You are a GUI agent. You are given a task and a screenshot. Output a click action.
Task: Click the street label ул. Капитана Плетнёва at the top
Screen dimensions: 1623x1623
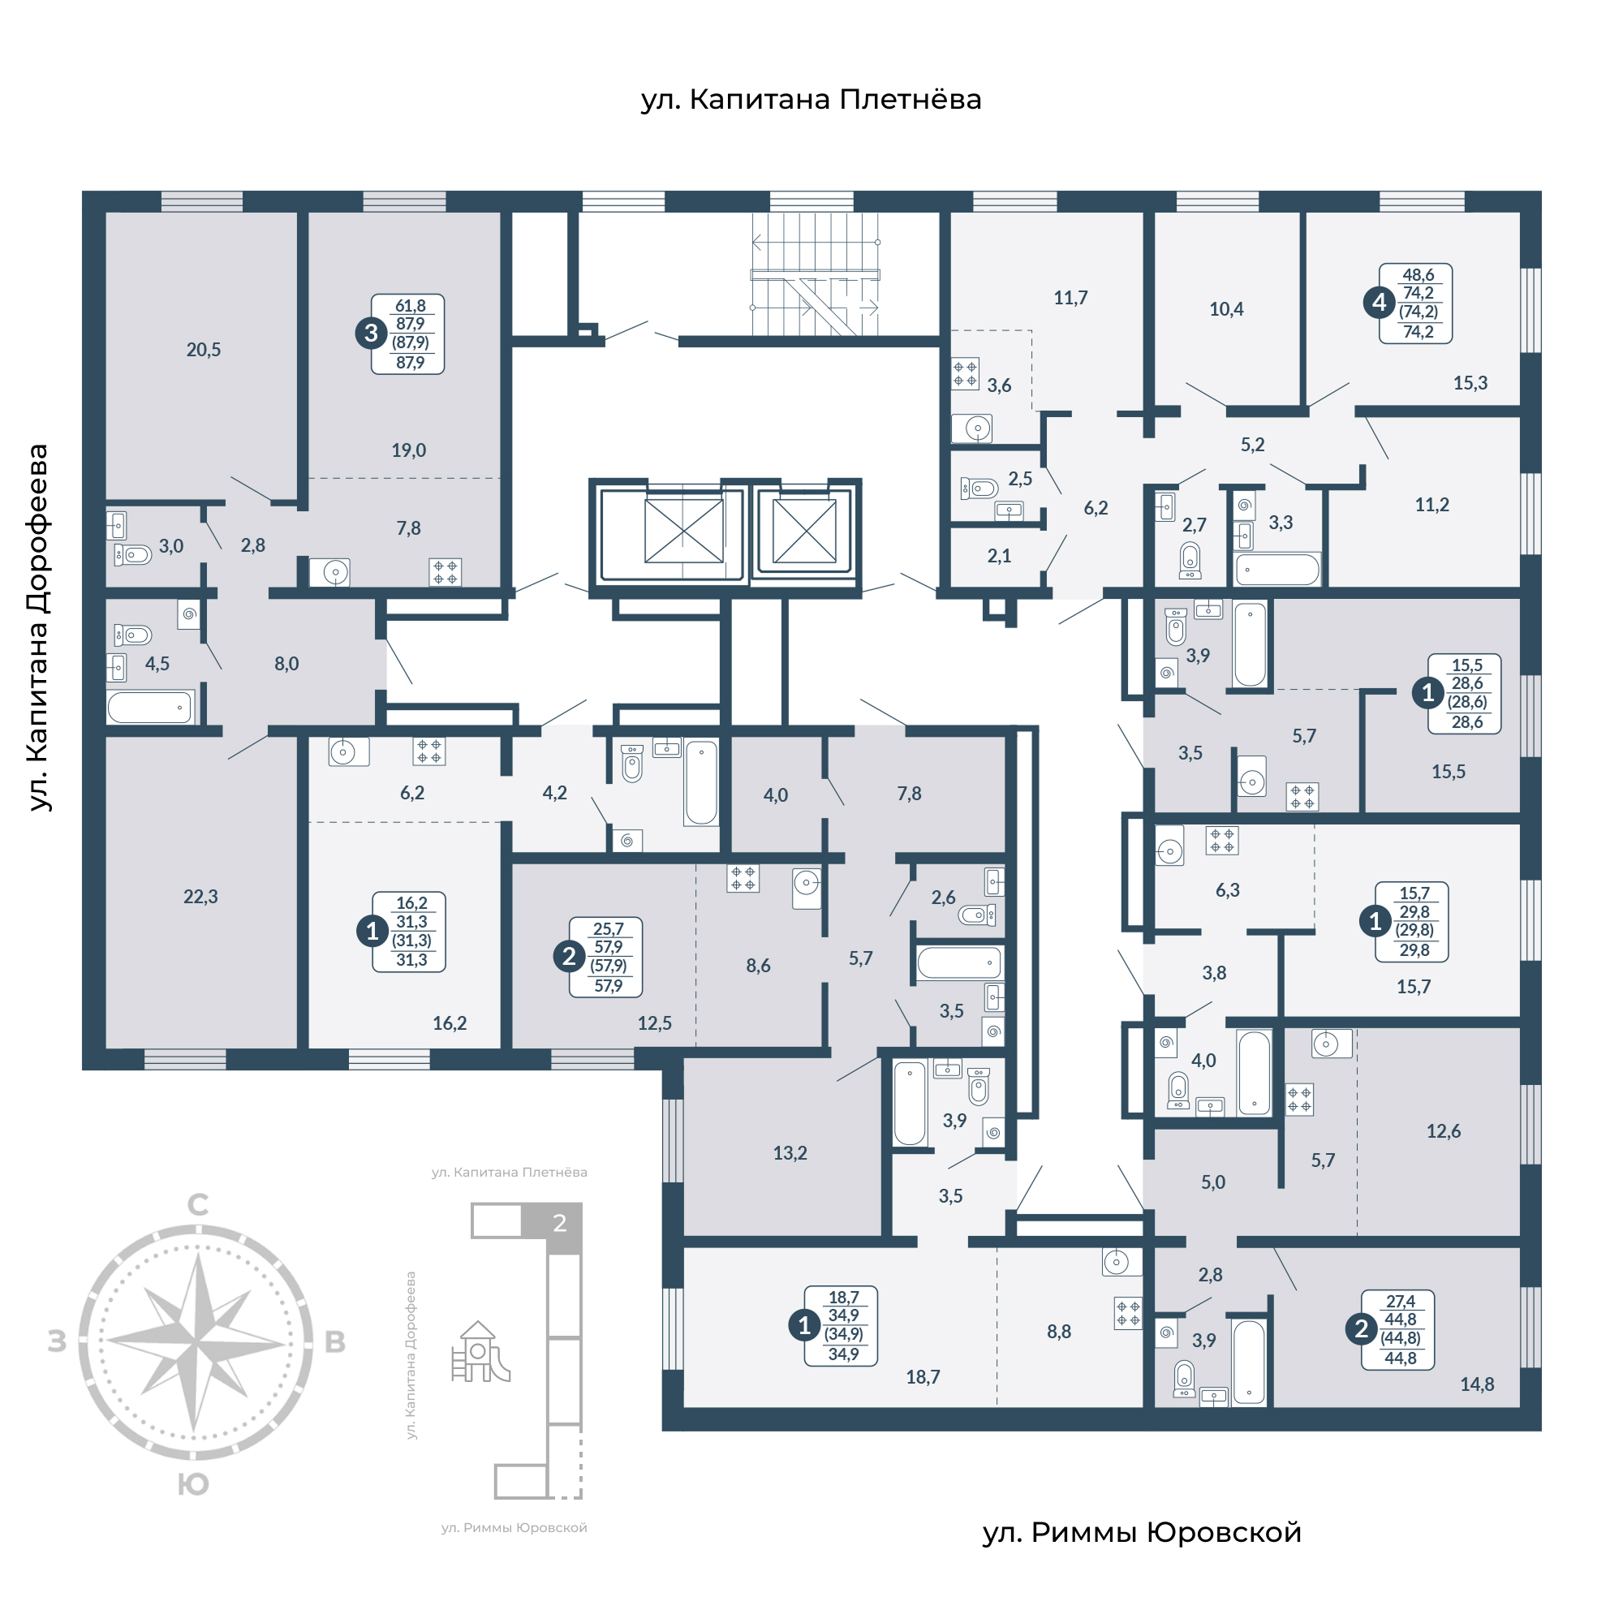click(811, 100)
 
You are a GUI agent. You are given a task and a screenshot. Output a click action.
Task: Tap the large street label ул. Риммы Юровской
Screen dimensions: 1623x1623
click(1142, 1532)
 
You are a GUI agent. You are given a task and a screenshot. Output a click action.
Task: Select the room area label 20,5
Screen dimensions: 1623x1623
click(204, 351)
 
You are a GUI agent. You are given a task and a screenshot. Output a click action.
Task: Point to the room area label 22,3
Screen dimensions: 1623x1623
click(200, 898)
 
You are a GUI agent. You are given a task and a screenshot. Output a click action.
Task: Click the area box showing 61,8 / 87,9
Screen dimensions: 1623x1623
click(407, 334)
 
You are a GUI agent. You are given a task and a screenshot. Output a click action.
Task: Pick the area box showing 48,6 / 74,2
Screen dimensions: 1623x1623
click(1415, 304)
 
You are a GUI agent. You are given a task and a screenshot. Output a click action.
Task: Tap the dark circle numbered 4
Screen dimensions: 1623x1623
click(1379, 303)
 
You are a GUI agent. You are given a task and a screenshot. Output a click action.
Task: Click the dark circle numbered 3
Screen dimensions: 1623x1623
click(371, 334)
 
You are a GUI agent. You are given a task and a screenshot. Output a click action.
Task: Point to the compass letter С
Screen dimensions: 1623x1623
click(197, 1204)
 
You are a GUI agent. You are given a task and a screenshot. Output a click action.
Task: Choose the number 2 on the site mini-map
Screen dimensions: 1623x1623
click(559, 1223)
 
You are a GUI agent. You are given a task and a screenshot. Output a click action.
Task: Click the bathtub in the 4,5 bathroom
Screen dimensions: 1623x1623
click(150, 708)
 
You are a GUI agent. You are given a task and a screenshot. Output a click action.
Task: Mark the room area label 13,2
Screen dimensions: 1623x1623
click(790, 1153)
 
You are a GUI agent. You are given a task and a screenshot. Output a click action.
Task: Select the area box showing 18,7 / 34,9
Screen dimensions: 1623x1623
click(841, 1326)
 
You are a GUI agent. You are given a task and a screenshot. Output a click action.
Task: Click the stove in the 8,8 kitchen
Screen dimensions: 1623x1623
click(1128, 1313)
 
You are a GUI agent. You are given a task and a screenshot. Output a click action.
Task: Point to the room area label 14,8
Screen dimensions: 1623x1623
click(1477, 1384)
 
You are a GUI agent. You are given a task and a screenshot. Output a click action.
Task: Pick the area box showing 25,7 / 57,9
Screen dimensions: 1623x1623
click(605, 957)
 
